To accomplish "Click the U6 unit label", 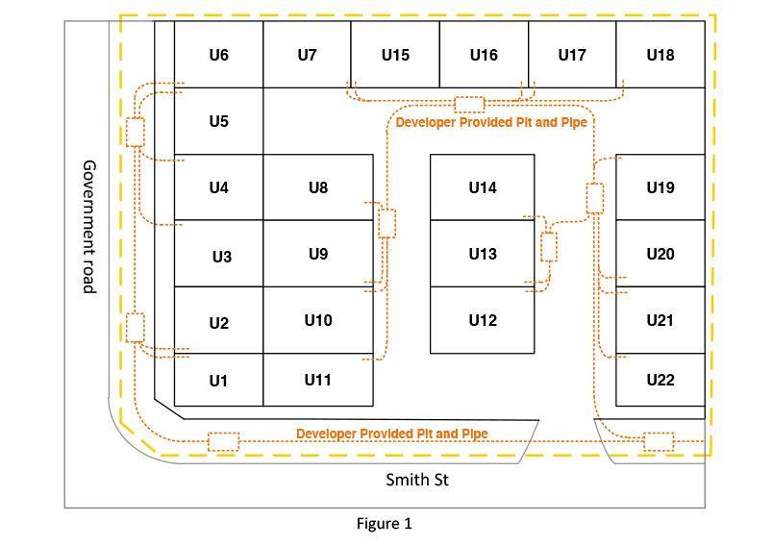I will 218,55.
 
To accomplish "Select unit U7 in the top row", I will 307,55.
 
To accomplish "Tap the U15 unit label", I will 395,55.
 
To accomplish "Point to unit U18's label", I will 661,55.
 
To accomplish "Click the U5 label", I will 218,121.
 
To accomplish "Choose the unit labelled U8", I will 318,187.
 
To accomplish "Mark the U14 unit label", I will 483,187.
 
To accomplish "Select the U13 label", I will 483,254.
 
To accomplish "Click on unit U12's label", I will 483,320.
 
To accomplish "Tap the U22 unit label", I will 661,380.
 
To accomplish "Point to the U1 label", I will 218,381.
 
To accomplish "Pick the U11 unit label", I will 318,380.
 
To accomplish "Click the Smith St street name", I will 417,479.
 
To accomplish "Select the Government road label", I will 89,226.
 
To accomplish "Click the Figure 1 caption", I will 384,523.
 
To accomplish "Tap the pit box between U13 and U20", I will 549,246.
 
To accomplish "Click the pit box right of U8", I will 386,223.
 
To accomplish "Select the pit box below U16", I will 469,104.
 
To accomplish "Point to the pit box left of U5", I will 136,132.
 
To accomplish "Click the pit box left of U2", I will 136,327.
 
